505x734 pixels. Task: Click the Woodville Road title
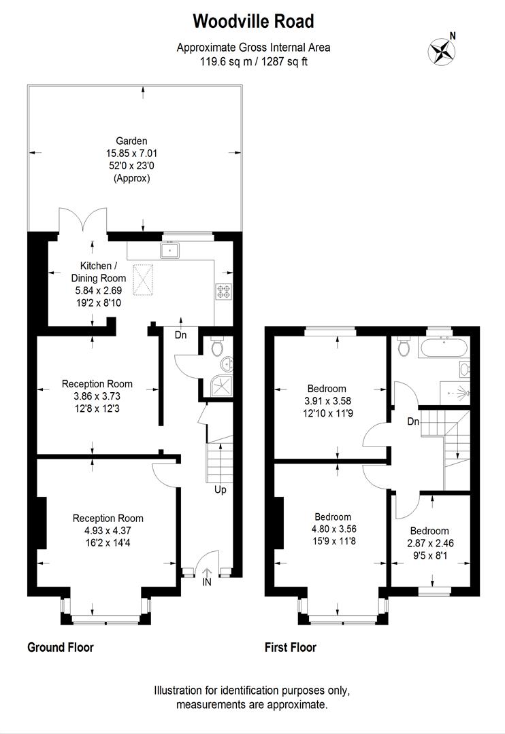click(x=253, y=22)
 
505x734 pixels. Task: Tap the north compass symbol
click(x=441, y=50)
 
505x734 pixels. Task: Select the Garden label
click(x=131, y=141)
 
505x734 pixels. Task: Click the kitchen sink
click(x=169, y=251)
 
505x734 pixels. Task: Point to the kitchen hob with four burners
click(x=223, y=291)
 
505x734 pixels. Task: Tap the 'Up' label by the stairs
click(x=220, y=489)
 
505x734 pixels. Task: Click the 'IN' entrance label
click(x=207, y=582)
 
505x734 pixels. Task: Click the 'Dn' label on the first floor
click(x=413, y=421)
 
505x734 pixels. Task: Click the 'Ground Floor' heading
click(x=60, y=648)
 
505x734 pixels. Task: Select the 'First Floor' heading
click(x=291, y=648)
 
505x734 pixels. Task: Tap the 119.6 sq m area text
click(x=253, y=61)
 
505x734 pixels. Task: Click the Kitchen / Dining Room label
click(x=99, y=272)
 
